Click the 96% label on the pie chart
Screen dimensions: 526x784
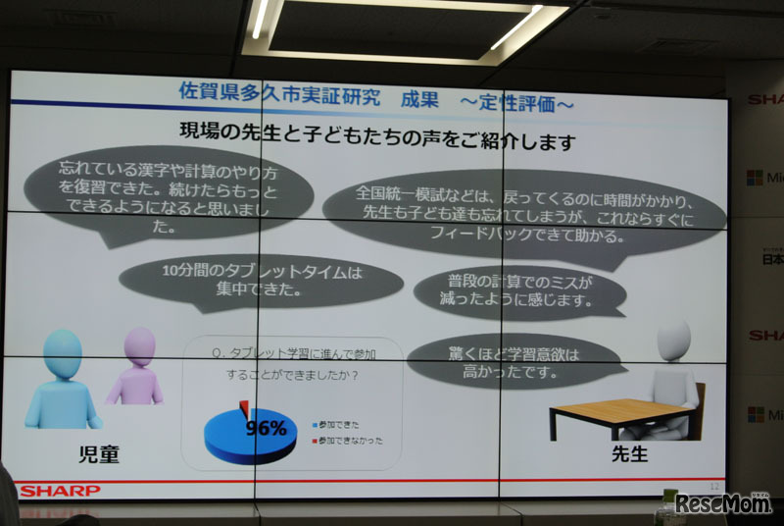(x=265, y=428)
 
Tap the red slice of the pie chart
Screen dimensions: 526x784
(x=244, y=406)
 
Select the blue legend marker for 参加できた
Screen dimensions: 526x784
(x=316, y=424)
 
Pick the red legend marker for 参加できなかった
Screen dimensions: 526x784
(x=316, y=441)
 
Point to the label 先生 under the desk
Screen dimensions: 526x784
(x=629, y=456)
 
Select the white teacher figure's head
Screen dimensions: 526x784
(x=674, y=340)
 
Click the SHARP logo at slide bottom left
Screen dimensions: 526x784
(x=61, y=490)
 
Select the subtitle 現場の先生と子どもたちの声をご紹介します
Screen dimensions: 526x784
(x=377, y=138)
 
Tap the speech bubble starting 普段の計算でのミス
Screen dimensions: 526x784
(x=518, y=291)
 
